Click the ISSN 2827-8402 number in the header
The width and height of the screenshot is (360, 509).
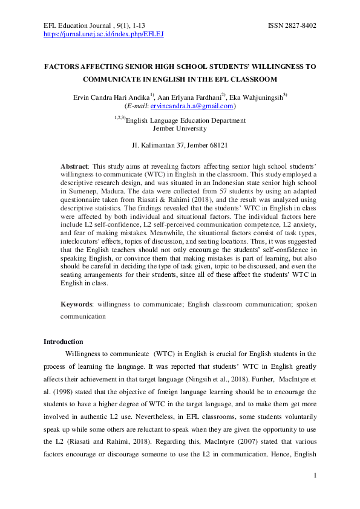[292, 26]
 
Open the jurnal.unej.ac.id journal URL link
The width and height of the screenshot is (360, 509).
[103, 34]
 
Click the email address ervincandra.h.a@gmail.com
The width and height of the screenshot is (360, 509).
[192, 106]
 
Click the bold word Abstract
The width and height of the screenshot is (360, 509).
[74, 166]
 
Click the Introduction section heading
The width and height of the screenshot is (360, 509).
[64, 342]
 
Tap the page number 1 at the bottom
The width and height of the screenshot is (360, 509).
[315, 476]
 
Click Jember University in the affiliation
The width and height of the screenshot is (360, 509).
[179, 128]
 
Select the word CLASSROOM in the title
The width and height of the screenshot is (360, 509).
[252, 79]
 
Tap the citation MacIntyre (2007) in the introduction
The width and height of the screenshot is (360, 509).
[214, 430]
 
